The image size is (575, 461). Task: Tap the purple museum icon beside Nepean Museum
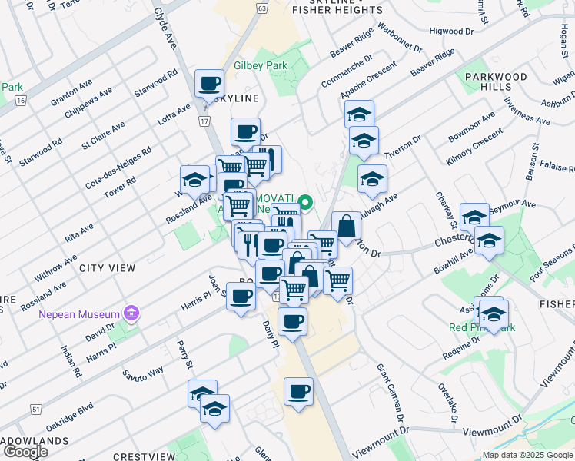point(131,313)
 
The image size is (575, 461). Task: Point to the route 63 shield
point(263,8)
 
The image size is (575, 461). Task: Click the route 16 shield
point(20,101)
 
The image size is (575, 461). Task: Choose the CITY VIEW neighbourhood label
point(107,268)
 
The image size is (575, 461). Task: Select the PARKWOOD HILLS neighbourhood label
point(496,81)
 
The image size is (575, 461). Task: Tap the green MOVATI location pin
point(305,204)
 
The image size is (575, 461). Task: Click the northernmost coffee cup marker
point(208,83)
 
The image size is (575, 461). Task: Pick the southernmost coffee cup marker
point(298,391)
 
